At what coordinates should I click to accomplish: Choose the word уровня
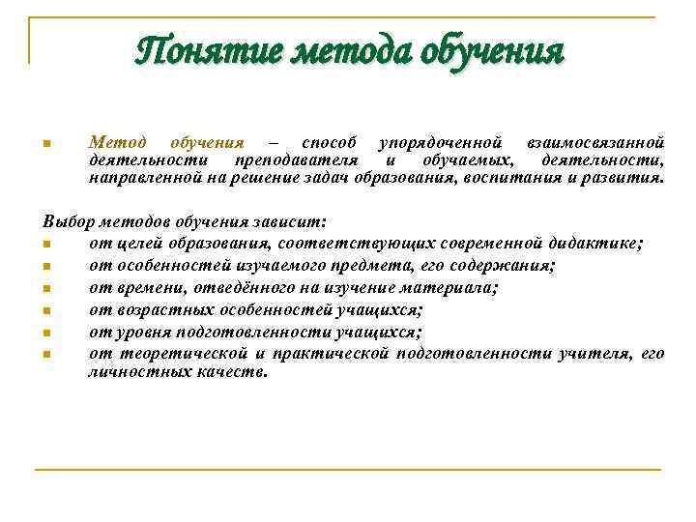pos(142,333)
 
